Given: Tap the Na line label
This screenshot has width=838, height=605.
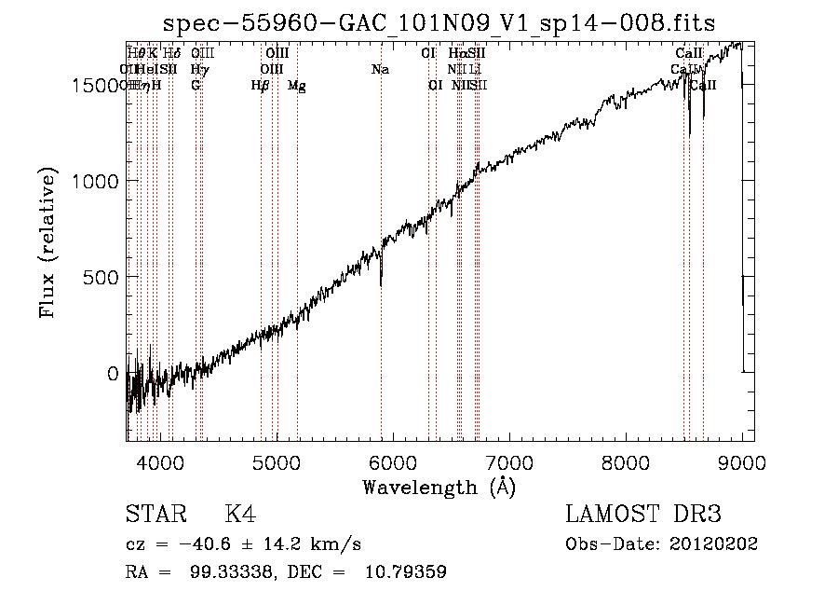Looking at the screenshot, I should coord(380,69).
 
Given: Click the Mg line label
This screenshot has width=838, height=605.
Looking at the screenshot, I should coord(296,86).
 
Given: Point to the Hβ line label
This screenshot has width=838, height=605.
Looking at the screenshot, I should coord(261,86).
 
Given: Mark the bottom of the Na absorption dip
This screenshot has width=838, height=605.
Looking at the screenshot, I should coord(381,284).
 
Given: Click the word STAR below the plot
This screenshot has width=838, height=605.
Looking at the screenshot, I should coord(155,515).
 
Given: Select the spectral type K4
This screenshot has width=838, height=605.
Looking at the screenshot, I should coord(239,515).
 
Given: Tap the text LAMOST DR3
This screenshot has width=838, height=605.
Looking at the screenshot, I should coord(643,515).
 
